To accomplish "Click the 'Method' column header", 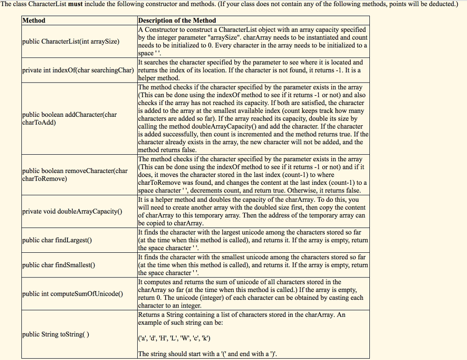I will (x=34, y=21).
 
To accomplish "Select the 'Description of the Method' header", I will (x=177, y=21).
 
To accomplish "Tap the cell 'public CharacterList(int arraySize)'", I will (x=71, y=42).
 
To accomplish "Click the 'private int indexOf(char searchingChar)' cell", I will (x=78, y=70).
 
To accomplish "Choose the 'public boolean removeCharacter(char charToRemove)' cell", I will (x=75, y=175).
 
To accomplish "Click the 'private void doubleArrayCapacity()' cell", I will (x=73, y=211).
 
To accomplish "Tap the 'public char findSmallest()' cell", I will (x=59, y=265).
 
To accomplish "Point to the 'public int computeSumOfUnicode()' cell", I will (x=73, y=294).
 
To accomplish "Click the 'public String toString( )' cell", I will (x=56, y=334).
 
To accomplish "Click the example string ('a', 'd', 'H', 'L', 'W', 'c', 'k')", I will (x=174, y=338).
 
